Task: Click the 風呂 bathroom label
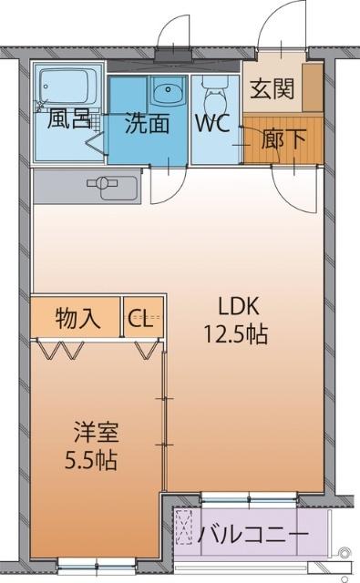68,120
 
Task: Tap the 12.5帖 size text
236,334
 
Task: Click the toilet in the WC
214,91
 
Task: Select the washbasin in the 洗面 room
166,93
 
